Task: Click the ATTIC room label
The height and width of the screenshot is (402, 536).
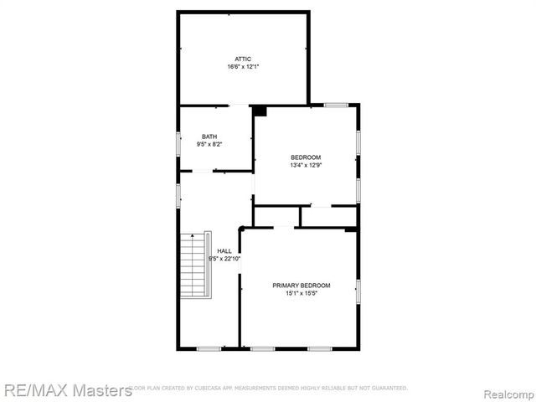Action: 243,59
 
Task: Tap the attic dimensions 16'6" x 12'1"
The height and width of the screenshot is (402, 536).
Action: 243,67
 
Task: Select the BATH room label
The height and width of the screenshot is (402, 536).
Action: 209,137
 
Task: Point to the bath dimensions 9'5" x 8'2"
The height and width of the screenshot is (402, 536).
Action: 209,145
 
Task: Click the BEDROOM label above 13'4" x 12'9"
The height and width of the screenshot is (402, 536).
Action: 306,157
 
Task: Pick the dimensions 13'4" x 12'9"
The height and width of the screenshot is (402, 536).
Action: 306,166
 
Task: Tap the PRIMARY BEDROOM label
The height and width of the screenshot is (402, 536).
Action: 301,285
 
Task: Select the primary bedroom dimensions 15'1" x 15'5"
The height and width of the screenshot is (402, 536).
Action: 301,293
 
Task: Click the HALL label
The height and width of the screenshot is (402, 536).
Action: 224,251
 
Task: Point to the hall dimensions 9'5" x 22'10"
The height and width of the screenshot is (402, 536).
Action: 224,259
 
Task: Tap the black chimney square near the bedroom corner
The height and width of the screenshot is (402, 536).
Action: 260,110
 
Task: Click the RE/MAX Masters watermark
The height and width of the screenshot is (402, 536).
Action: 67,389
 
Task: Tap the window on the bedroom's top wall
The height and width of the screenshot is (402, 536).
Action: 337,105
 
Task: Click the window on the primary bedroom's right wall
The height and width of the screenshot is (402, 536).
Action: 358,290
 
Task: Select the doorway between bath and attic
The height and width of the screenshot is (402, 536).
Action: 239,106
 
